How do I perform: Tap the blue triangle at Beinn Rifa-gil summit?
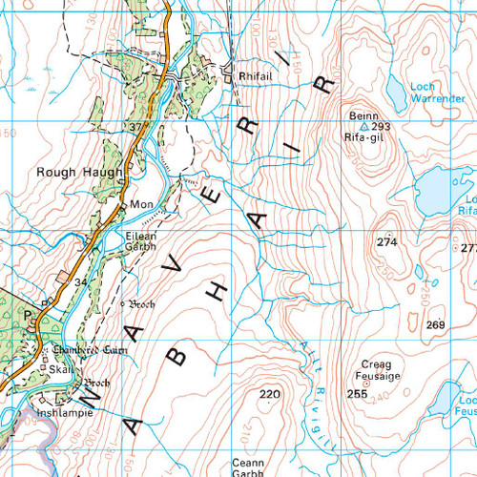pyautogui.click(x=363, y=126)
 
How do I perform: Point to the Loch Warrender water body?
pyautogui.click(x=395, y=93)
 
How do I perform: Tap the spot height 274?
pyautogui.click(x=386, y=242)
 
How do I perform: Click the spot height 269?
pyautogui.click(x=436, y=326)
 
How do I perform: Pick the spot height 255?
pyautogui.click(x=358, y=394)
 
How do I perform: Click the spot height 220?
pyautogui.click(x=271, y=394)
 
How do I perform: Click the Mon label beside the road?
pyautogui.click(x=141, y=205)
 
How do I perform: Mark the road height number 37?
pyautogui.click(x=135, y=127)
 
